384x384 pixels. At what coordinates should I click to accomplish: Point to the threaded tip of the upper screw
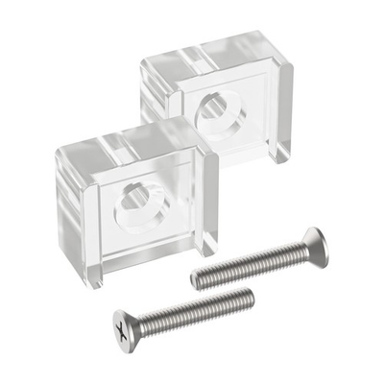pyautogui.click(x=198, y=278)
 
